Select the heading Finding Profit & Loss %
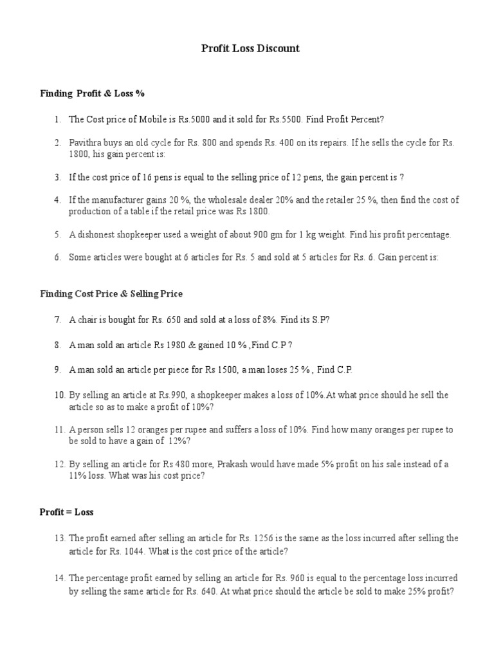(x=92, y=93)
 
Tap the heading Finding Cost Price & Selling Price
(x=111, y=293)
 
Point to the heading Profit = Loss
(x=66, y=512)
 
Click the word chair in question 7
(x=87, y=319)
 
